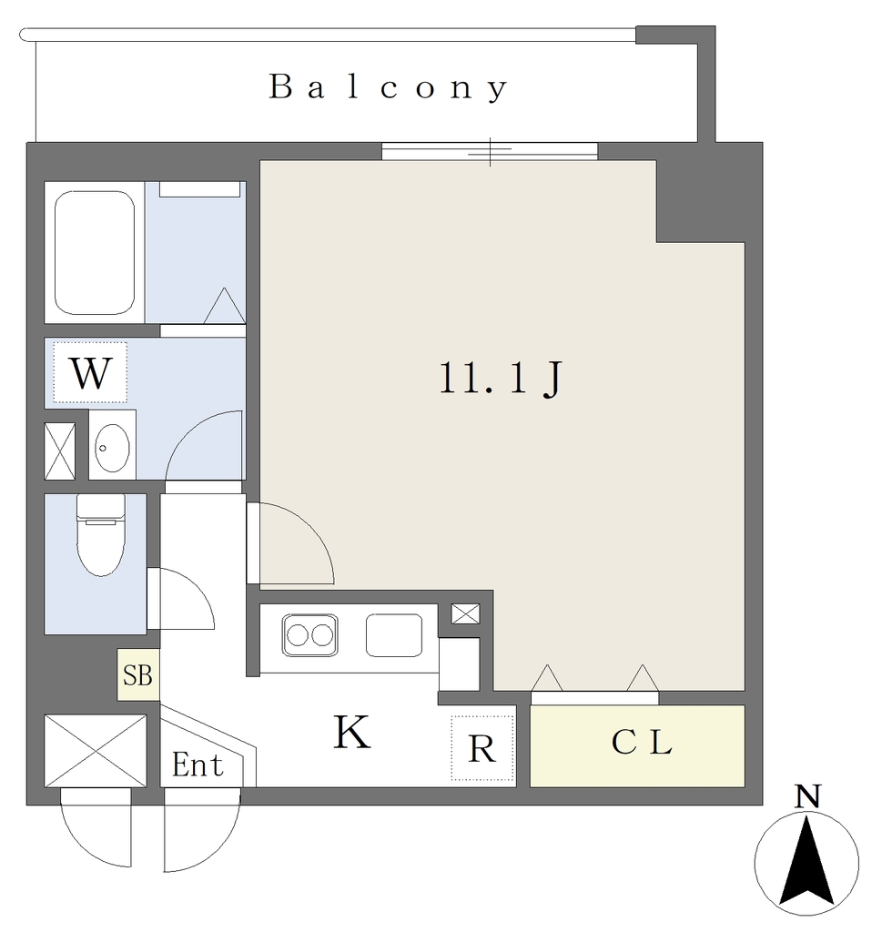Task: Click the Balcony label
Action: tap(388, 88)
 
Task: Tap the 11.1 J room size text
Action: tap(501, 378)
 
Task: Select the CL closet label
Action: tap(642, 742)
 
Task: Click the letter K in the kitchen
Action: tap(352, 732)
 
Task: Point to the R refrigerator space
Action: tap(482, 748)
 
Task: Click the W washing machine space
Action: tap(90, 372)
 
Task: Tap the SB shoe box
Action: tap(137, 674)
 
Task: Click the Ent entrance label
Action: tap(198, 765)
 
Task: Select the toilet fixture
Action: tap(101, 534)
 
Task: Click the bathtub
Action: tap(95, 253)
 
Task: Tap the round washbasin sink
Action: tap(112, 447)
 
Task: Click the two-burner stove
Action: tap(309, 635)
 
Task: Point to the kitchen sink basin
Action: tap(394, 635)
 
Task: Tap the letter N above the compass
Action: tap(807, 796)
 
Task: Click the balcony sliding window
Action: tap(490, 151)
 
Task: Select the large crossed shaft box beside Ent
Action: tap(96, 751)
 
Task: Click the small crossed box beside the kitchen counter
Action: tap(465, 614)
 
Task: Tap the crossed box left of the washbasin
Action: tap(60, 451)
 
